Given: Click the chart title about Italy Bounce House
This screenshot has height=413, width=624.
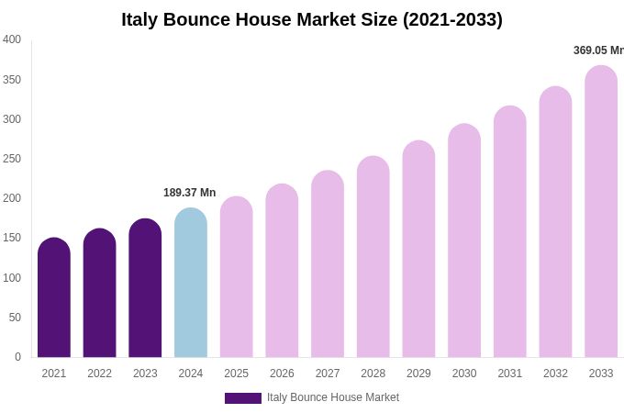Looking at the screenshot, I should pyautogui.click(x=312, y=19).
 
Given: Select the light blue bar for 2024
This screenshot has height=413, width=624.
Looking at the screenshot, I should pyautogui.click(x=191, y=285).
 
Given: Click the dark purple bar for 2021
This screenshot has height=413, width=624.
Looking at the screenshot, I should pyautogui.click(x=54, y=298).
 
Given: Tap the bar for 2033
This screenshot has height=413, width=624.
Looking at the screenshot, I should pyautogui.click(x=601, y=211).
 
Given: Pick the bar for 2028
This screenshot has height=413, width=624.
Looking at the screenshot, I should pyautogui.click(x=373, y=257).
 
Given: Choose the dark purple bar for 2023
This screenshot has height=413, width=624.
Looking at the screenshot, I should pyautogui.click(x=145, y=289).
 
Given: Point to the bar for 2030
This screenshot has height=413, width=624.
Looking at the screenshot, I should pyautogui.click(x=464, y=240).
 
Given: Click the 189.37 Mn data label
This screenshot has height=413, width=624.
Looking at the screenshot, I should pyautogui.click(x=189, y=193).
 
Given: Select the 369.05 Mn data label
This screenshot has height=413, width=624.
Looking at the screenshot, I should pyautogui.click(x=597, y=50).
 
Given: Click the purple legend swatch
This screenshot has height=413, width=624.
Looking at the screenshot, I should pyautogui.click(x=243, y=398).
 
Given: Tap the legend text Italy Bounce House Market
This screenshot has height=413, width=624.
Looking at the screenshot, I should pyautogui.click(x=333, y=397).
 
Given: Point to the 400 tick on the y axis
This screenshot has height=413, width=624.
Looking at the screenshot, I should pyautogui.click(x=12, y=39).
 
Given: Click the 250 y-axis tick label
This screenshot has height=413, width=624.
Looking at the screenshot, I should pyautogui.click(x=12, y=159).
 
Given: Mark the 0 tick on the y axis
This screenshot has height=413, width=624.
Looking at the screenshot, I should pyautogui.click(x=17, y=357).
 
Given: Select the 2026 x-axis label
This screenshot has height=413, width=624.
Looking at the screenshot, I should pyautogui.click(x=282, y=374).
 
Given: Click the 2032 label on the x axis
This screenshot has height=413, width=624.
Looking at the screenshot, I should pyautogui.click(x=555, y=374).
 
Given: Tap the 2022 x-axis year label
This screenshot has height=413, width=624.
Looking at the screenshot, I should pyautogui.click(x=99, y=374).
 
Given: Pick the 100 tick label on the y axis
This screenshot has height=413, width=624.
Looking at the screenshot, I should pyautogui.click(x=12, y=278).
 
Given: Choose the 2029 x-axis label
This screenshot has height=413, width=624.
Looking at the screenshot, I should pyautogui.click(x=418, y=374).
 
